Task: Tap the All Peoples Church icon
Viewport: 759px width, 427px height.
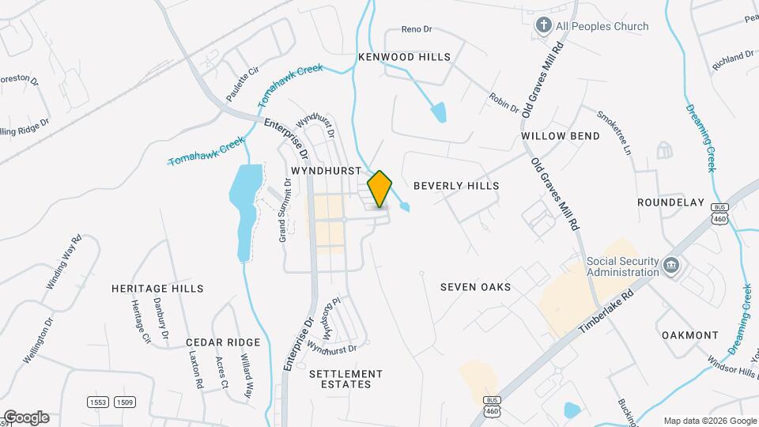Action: tap(543, 26)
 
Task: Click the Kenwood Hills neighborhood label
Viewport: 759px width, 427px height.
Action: tap(404, 57)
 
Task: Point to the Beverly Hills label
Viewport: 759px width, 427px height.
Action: tap(457, 185)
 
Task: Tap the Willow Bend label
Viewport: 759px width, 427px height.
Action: tap(561, 136)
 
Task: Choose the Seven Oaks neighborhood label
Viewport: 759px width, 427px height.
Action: tap(476, 287)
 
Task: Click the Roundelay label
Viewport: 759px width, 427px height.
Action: tap(670, 202)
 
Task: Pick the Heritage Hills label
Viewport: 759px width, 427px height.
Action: tap(157, 289)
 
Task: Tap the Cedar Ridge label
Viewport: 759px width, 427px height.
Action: tap(223, 342)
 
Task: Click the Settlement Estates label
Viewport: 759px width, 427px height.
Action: tap(346, 379)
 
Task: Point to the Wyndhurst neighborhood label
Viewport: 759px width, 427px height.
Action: tap(326, 171)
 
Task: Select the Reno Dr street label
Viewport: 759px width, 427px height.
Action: tap(417, 30)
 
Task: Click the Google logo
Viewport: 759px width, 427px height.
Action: tap(25, 418)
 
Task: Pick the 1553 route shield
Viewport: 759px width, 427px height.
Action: tap(98, 402)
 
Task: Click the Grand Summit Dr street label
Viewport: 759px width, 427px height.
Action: tap(285, 210)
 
